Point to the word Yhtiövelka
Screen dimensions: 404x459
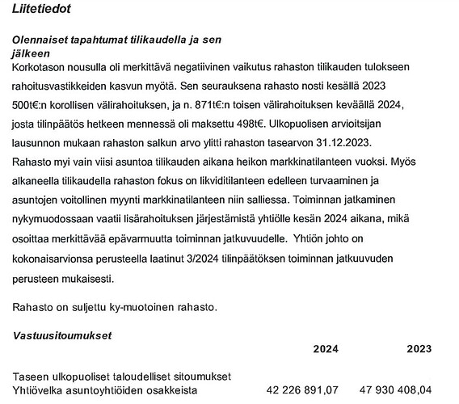[x=41, y=392]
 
